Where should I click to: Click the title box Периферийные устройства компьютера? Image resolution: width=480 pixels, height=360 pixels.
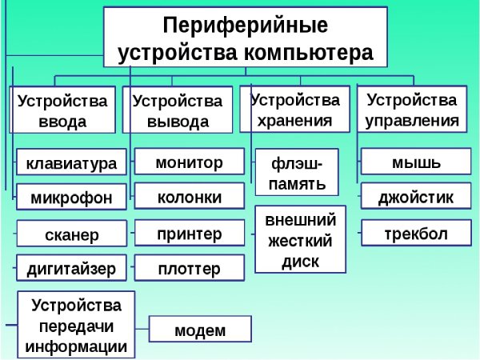(x=246, y=38)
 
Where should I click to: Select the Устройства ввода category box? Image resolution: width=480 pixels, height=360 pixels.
(x=63, y=111)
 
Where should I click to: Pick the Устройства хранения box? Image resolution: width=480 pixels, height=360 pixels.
(x=294, y=110)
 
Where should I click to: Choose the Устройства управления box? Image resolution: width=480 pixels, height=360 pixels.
(x=412, y=110)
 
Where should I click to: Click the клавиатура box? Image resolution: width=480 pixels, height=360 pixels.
(x=71, y=164)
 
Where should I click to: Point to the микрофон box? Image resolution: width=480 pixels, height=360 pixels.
(x=71, y=196)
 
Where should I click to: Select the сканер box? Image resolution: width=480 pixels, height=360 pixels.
(x=71, y=234)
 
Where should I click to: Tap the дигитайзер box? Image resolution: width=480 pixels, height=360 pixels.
(x=71, y=268)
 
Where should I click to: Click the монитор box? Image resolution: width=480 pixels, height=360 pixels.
(x=189, y=162)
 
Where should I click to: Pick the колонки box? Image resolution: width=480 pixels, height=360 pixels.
(x=189, y=196)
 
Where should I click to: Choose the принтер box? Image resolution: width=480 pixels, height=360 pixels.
(x=189, y=234)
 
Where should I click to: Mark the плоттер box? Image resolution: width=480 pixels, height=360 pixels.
(x=189, y=268)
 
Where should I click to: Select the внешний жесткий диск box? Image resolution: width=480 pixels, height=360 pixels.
(x=300, y=240)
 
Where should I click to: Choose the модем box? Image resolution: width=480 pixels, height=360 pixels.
(x=200, y=330)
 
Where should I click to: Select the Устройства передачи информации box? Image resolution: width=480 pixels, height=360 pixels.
(x=76, y=325)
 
